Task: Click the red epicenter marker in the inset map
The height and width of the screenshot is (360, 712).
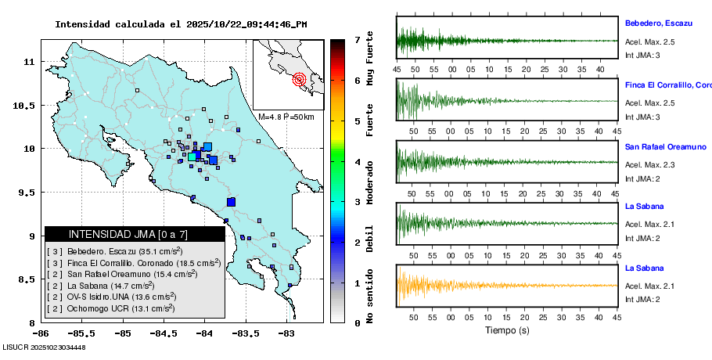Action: coord(299,79)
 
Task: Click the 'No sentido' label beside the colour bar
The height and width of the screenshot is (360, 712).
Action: coord(370,297)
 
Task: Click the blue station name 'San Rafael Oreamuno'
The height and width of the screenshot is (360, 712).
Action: coord(665,147)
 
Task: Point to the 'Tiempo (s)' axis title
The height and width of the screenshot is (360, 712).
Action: coord(506,330)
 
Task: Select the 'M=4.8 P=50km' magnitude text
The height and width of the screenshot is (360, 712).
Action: coord(286,117)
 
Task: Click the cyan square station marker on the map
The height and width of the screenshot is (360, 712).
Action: coord(192,157)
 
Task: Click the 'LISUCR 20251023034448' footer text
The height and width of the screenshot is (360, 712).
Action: coord(44,347)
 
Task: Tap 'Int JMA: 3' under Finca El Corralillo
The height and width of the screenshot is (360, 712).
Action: coord(642,117)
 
